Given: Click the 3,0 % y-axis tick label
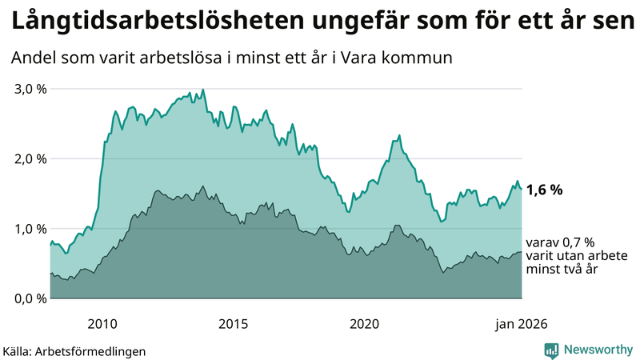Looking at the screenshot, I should point(30,89).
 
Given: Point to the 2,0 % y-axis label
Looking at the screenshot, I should point(30,158).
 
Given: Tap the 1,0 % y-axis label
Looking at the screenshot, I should point(30,229).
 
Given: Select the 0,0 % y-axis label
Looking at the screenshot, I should point(30,298).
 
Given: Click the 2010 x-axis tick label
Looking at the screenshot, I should point(102,323).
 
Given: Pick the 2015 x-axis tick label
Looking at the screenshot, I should point(234,323).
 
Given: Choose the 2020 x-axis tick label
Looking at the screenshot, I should point(365,323).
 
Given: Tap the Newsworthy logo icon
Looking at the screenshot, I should point(552,350).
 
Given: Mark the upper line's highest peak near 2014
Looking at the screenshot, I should point(203,90).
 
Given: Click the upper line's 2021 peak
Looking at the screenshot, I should point(399,135).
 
